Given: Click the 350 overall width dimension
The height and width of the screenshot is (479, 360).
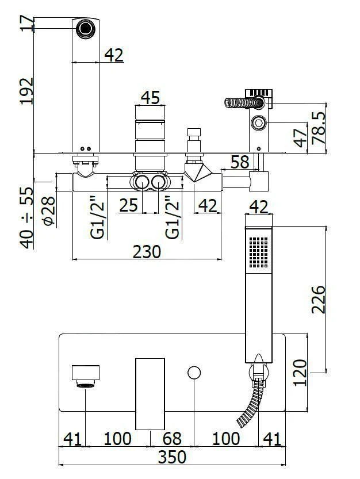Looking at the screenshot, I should coord(173,458).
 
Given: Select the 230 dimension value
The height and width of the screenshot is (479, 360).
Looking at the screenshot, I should coord(147,251).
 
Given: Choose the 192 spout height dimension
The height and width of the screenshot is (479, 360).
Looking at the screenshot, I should coord(26,91).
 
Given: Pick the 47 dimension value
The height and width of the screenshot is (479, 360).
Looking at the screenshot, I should coord(299,138).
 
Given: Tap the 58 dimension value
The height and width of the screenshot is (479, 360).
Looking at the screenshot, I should coord(240,162).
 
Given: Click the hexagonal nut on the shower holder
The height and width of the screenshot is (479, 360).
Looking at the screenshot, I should coord(258,123).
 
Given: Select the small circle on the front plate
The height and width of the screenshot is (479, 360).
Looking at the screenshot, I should coord(194,373).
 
